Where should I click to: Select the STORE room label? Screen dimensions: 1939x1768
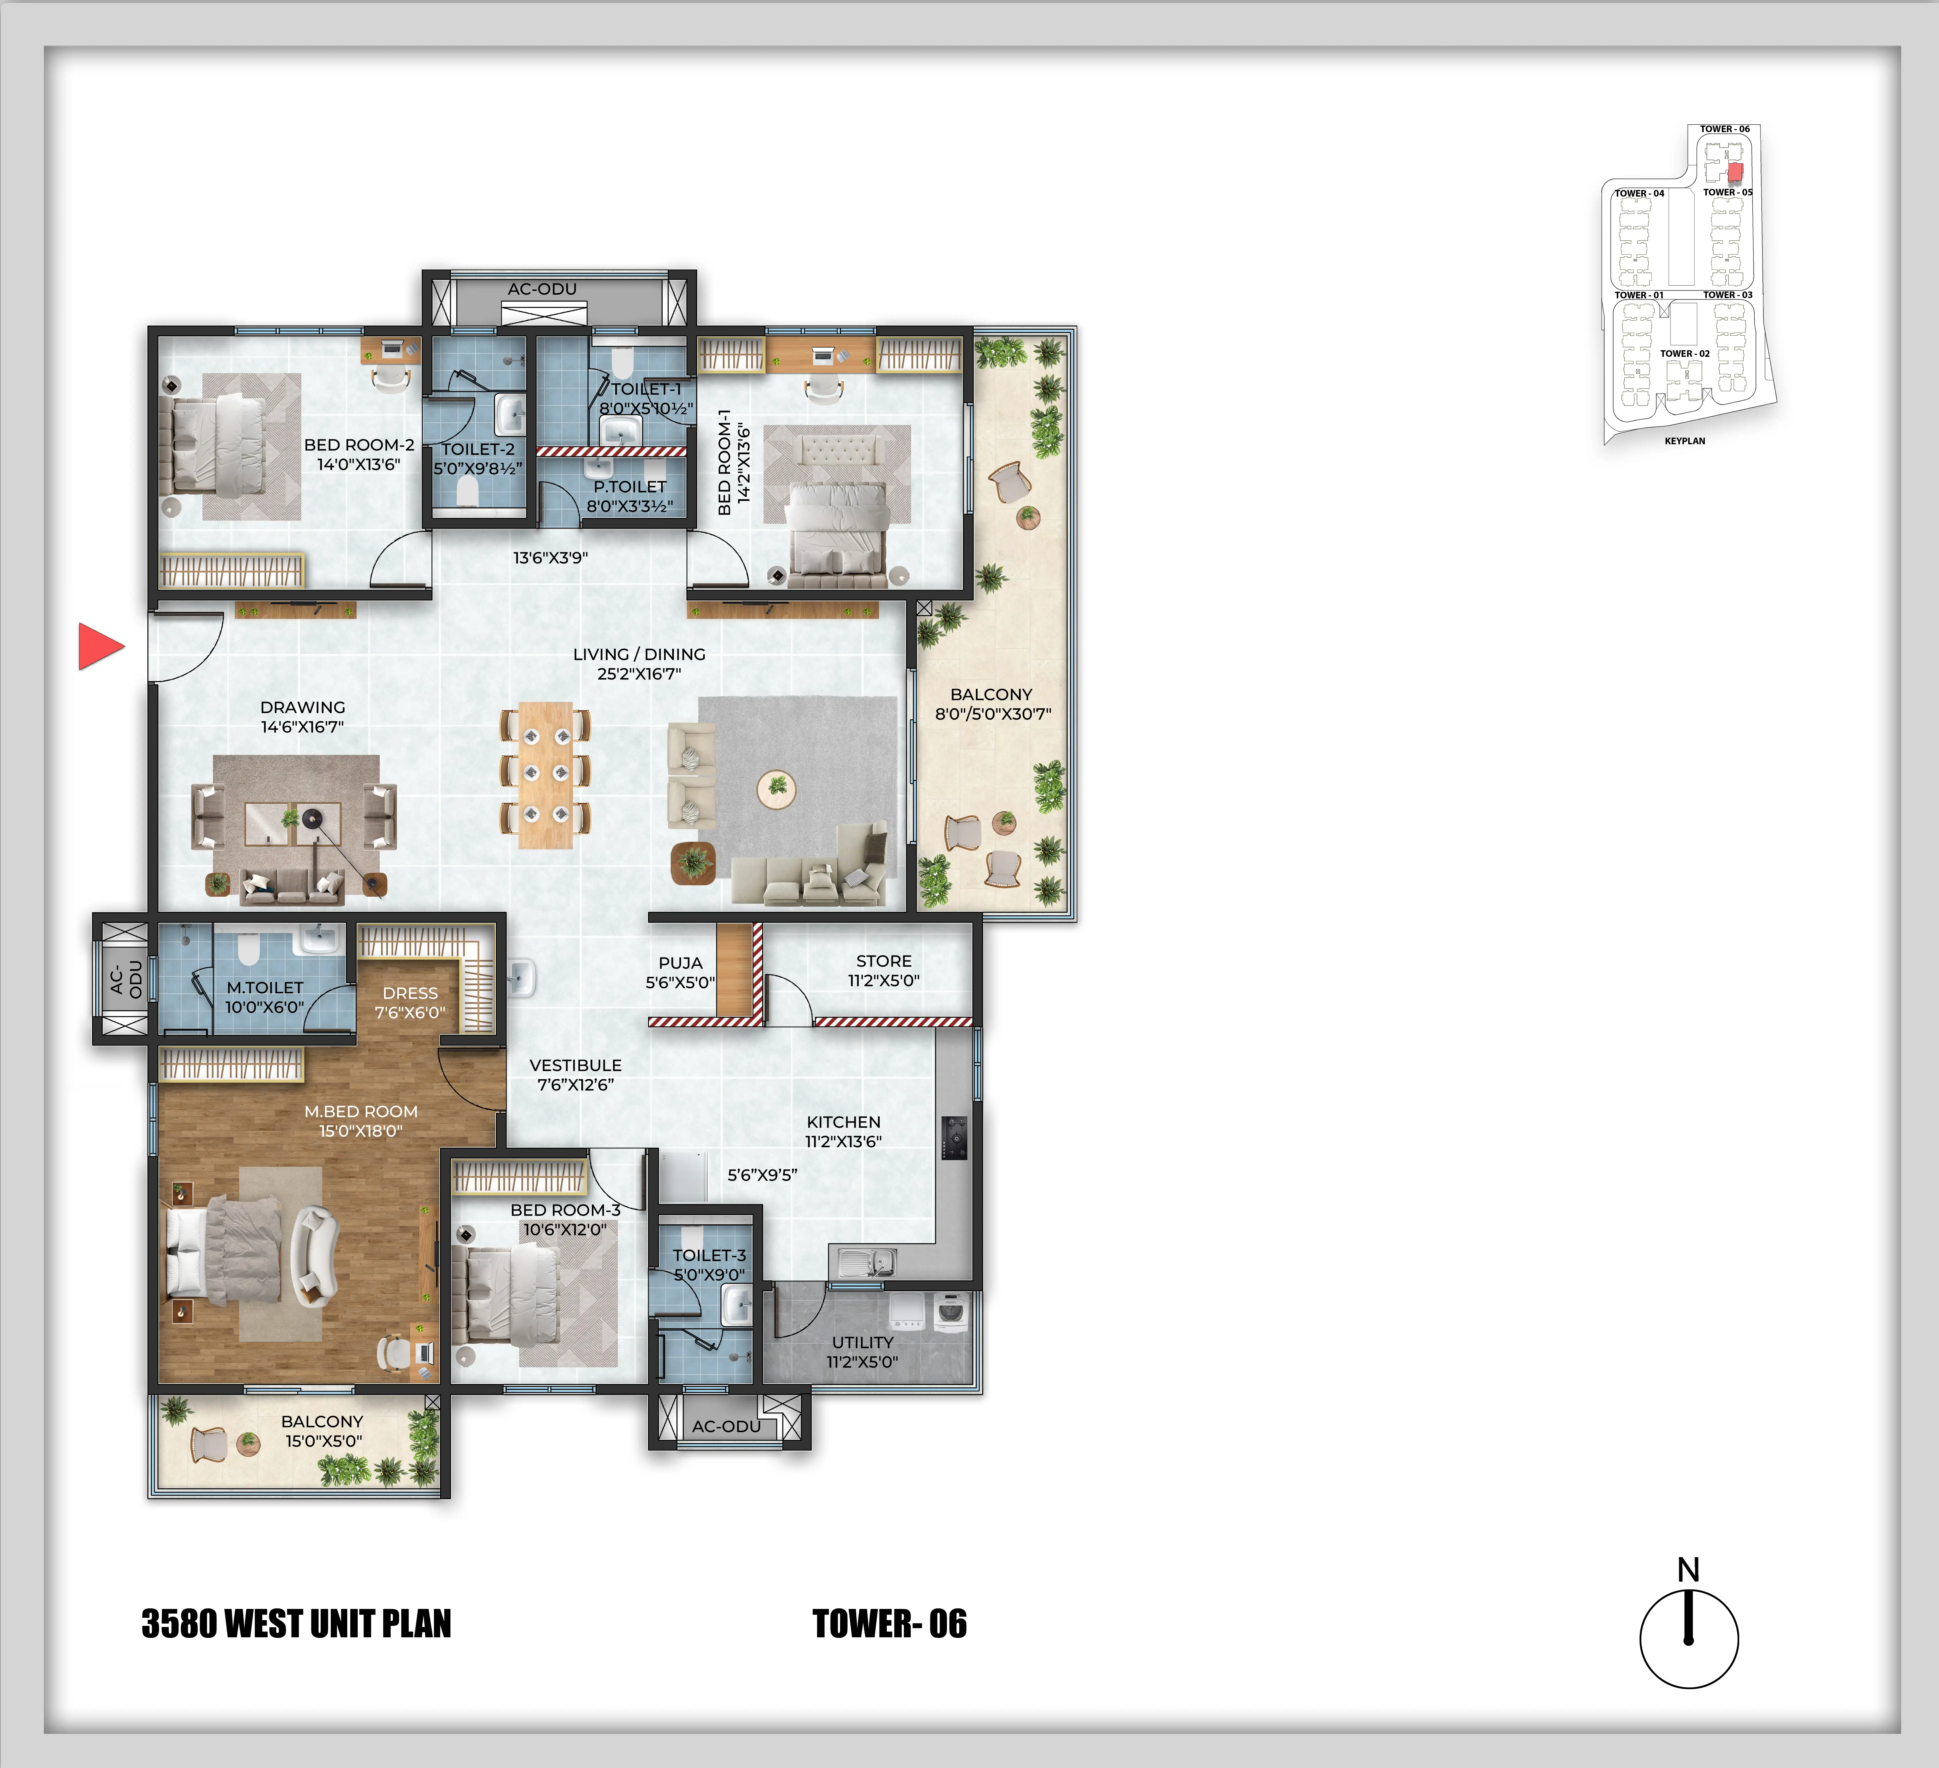[x=884, y=961]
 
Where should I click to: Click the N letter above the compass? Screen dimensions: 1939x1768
[x=1688, y=1570]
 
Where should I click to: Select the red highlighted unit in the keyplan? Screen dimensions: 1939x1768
[x=1735, y=172]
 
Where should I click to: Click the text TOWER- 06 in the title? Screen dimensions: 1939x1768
[x=890, y=1624]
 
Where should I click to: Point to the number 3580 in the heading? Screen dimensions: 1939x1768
[x=179, y=1624]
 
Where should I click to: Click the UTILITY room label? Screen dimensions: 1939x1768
[x=863, y=1342]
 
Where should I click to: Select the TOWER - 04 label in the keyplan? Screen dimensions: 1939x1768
[x=1639, y=193]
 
